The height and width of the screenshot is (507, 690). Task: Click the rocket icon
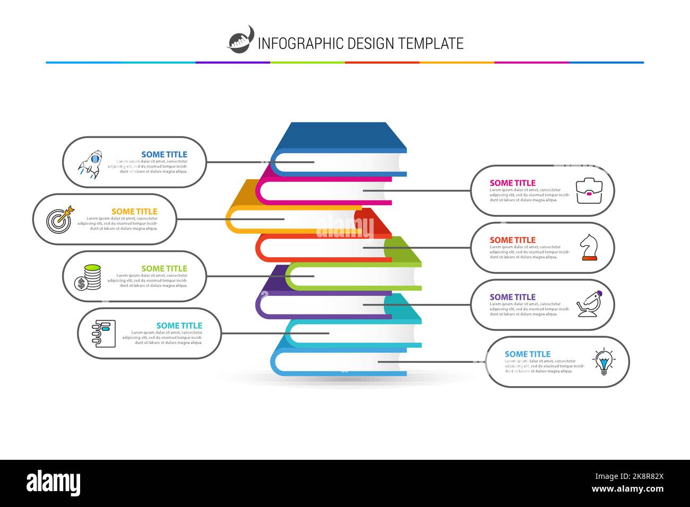point(90,164)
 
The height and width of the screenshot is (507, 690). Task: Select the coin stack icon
point(88,277)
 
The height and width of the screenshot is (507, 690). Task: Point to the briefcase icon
point(589,191)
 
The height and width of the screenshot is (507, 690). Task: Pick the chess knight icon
point(588,248)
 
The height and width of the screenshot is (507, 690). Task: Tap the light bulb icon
point(603,362)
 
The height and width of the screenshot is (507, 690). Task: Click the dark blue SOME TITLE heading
point(164,154)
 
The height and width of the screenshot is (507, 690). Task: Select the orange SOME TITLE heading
point(134,212)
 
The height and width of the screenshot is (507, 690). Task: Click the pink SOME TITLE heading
point(512,183)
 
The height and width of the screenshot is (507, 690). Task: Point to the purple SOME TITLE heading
point(512,297)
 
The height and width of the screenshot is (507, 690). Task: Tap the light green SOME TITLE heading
point(164,268)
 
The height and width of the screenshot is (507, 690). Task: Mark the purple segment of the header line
point(232,63)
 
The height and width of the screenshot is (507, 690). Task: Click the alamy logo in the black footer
point(53,483)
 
